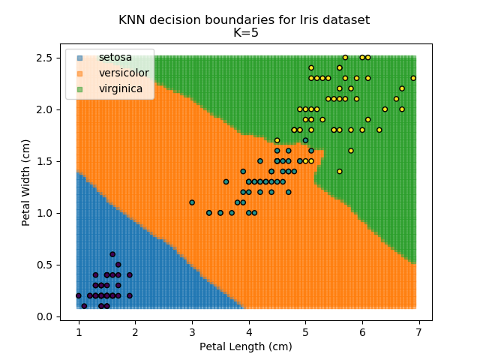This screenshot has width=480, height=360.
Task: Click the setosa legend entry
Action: pyautogui.click(x=115, y=58)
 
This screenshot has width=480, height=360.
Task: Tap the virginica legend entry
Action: pyautogui.click(x=121, y=88)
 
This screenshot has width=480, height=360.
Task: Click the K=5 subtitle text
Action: pyautogui.click(x=244, y=33)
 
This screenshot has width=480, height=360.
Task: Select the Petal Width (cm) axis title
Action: pyautogui.click(x=25, y=182)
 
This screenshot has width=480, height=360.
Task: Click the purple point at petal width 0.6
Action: pyautogui.click(x=112, y=254)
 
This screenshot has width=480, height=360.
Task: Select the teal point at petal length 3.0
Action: pyautogui.click(x=192, y=202)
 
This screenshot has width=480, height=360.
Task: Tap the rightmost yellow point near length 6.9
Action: pyautogui.click(x=413, y=78)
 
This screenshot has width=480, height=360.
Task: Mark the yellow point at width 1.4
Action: pyautogui.click(x=339, y=172)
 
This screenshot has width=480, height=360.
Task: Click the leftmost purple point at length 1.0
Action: pyautogui.click(x=79, y=295)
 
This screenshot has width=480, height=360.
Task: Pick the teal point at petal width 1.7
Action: pyautogui.click(x=305, y=140)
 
